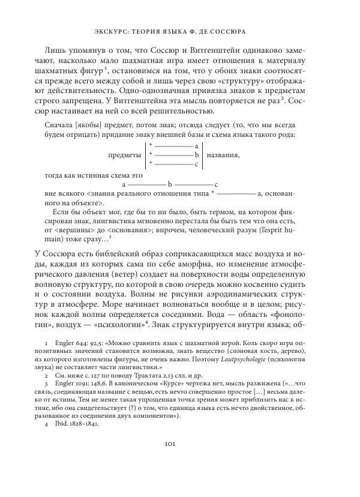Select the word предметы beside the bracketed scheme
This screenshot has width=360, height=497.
click(x=124, y=154)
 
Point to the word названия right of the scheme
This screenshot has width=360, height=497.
click(x=223, y=154)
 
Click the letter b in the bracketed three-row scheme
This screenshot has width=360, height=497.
click(x=196, y=154)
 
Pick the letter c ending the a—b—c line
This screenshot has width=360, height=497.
click(x=215, y=184)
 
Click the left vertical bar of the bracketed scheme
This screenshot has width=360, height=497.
click(x=145, y=154)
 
